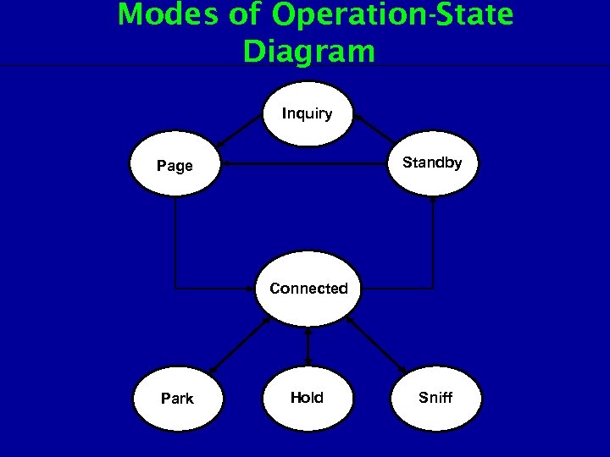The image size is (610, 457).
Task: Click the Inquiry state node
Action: click(307, 113)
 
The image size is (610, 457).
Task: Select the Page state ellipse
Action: click(175, 165)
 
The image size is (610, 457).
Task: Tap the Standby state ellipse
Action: click(432, 162)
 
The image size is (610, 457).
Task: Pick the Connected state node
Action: click(308, 289)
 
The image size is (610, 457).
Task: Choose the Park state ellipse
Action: click(177, 398)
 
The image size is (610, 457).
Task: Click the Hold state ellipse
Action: click(307, 397)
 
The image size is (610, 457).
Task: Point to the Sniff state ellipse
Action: click(435, 397)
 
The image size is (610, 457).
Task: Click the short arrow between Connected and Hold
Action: click(308, 346)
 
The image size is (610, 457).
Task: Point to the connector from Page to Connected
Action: click(175, 254)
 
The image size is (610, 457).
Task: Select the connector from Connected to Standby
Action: click(433, 254)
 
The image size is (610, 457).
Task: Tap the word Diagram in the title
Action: click(308, 52)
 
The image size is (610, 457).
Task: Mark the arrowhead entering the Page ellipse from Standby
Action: click(225, 163)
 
